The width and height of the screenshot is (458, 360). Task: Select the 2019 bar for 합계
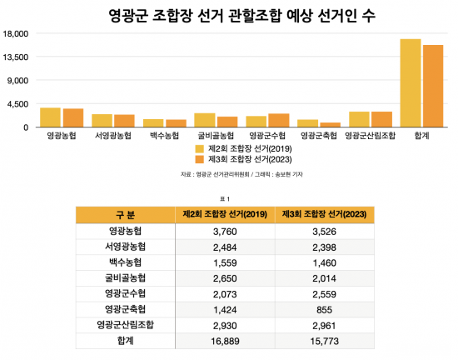point(410,83)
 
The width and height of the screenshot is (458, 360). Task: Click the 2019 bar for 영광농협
point(50,117)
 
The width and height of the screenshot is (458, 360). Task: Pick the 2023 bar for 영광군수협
point(279,120)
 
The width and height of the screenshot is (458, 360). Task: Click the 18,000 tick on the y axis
point(17,34)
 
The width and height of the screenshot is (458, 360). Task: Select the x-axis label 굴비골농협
point(217,135)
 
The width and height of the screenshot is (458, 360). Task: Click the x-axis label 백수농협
point(163,135)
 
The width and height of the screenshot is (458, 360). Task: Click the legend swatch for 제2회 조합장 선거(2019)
point(199,147)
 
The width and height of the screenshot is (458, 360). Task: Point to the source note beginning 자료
point(229,174)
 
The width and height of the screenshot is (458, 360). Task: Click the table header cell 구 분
point(125,215)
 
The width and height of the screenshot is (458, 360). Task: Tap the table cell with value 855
point(323,309)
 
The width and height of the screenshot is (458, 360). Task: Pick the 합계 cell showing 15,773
point(323,341)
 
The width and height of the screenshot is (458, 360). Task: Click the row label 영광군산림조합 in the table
point(125,325)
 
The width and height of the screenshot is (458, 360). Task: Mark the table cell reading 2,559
point(323,293)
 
